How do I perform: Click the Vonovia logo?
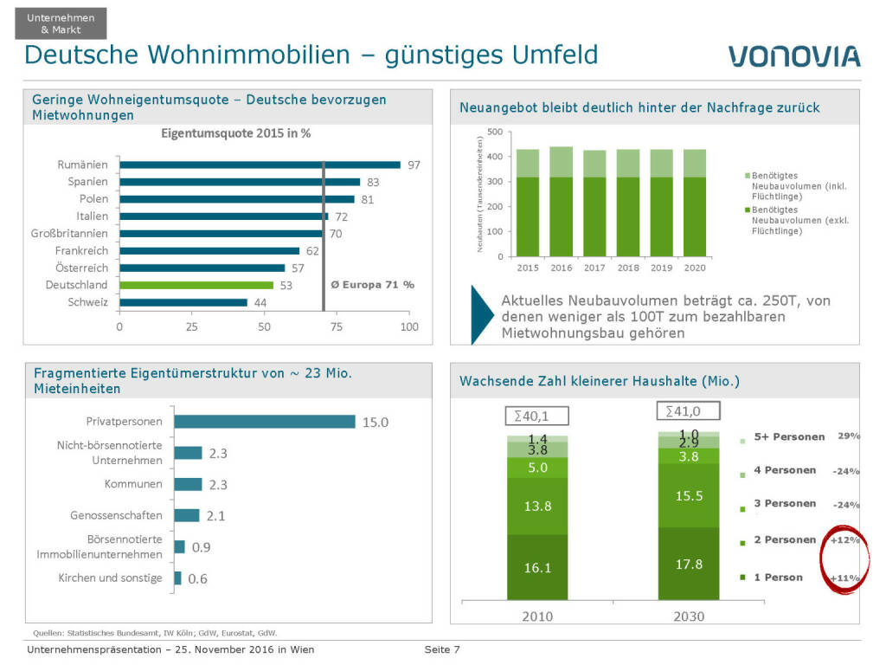pos(793,56)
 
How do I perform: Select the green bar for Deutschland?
pos(196,285)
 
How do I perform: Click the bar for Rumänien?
pos(260,165)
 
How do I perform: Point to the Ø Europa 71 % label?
pos(373,285)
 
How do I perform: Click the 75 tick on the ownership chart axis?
pos(337,327)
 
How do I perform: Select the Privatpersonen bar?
pos(265,422)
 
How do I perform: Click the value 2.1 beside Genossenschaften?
pos(215,516)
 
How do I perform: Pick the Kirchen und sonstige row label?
pos(110,578)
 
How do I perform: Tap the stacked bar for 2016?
pos(561,199)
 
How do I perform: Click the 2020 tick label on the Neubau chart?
pos(695,268)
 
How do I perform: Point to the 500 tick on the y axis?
pos(494,132)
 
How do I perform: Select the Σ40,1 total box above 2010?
pos(526,416)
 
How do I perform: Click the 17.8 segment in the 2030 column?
pos(688,564)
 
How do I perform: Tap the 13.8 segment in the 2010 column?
pos(537,506)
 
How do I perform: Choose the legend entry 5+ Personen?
pos(788,436)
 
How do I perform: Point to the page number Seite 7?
pos(441,649)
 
